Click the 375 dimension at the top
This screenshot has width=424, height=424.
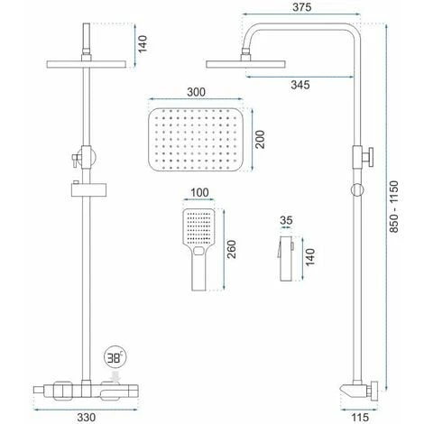click(301, 7)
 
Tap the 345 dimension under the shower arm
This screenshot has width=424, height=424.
click(300, 85)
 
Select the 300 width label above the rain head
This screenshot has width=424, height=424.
click(196, 92)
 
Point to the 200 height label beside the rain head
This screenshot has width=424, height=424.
click(260, 139)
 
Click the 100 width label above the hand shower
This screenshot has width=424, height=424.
click(199, 192)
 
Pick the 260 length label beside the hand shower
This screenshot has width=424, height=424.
click(231, 249)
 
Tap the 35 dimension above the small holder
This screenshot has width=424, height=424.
click(286, 220)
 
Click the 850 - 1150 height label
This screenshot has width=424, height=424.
click(393, 207)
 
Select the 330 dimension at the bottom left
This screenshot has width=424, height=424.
click(87, 417)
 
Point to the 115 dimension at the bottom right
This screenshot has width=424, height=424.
click(360, 417)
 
